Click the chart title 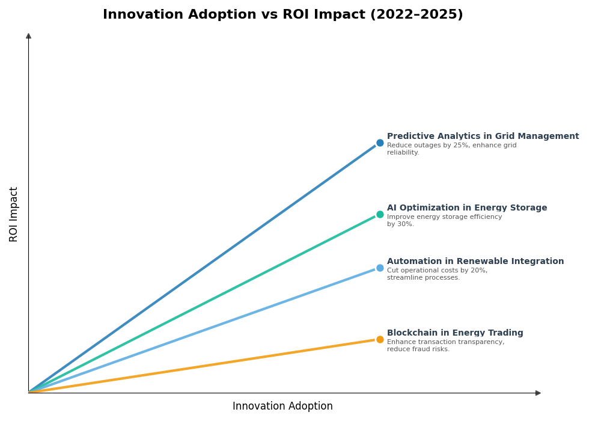[x=282, y=15]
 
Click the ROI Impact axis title [x=14, y=214]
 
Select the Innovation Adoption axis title [x=282, y=407]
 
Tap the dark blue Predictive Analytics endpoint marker [x=380, y=143]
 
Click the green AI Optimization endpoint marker [x=380, y=215]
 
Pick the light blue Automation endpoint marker [x=380, y=268]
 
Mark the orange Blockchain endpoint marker [x=380, y=340]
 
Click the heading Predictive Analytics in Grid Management [x=483, y=137]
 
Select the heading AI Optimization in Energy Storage [x=467, y=208]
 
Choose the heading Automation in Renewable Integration [x=475, y=262]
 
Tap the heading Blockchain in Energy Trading [x=455, y=333]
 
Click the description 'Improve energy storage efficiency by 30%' [x=444, y=221]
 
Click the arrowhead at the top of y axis [x=28, y=36]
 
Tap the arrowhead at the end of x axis [x=538, y=393]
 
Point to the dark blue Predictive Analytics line [x=204, y=267]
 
